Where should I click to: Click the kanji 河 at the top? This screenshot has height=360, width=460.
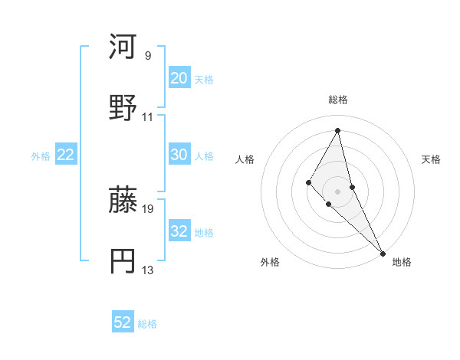[123, 48]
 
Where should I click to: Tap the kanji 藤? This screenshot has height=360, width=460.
[123, 201]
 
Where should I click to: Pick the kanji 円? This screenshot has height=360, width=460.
[123, 261]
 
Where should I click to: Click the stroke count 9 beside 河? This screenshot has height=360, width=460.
[147, 56]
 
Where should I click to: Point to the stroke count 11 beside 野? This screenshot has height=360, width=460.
[148, 117]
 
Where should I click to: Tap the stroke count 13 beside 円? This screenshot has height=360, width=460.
[148, 270]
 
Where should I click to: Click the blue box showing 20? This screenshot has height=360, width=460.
[179, 78]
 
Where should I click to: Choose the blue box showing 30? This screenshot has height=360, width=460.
[179, 155]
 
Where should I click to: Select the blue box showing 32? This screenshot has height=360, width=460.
[179, 231]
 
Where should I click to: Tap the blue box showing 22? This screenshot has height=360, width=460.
[65, 155]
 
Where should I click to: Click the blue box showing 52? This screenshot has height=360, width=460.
[123, 322]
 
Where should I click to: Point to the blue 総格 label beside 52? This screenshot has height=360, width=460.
[147, 324]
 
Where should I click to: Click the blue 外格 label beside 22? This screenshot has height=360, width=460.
[41, 156]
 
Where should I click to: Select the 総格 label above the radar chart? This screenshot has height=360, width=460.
[338, 100]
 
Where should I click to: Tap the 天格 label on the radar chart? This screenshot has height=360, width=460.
[431, 159]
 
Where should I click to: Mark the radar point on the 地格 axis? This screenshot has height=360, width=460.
[383, 252]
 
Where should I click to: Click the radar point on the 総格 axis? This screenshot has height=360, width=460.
[338, 130]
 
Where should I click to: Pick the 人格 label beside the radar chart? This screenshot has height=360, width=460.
[245, 159]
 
